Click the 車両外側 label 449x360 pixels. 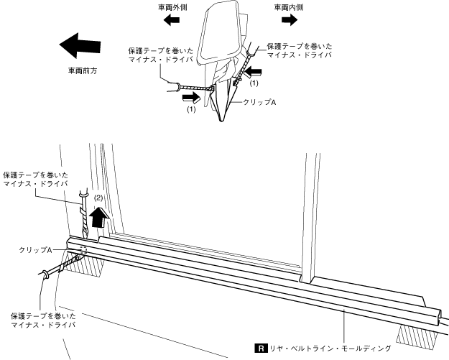(x=172, y=8)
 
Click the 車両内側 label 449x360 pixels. (x=287, y=8)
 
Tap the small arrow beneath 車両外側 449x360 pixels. (x=172, y=22)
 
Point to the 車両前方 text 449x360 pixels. (x=82, y=72)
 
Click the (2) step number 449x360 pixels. (x=100, y=196)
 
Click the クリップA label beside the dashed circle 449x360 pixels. (x=37, y=249)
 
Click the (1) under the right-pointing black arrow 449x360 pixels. (x=192, y=111)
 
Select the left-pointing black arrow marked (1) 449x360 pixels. (x=253, y=71)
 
